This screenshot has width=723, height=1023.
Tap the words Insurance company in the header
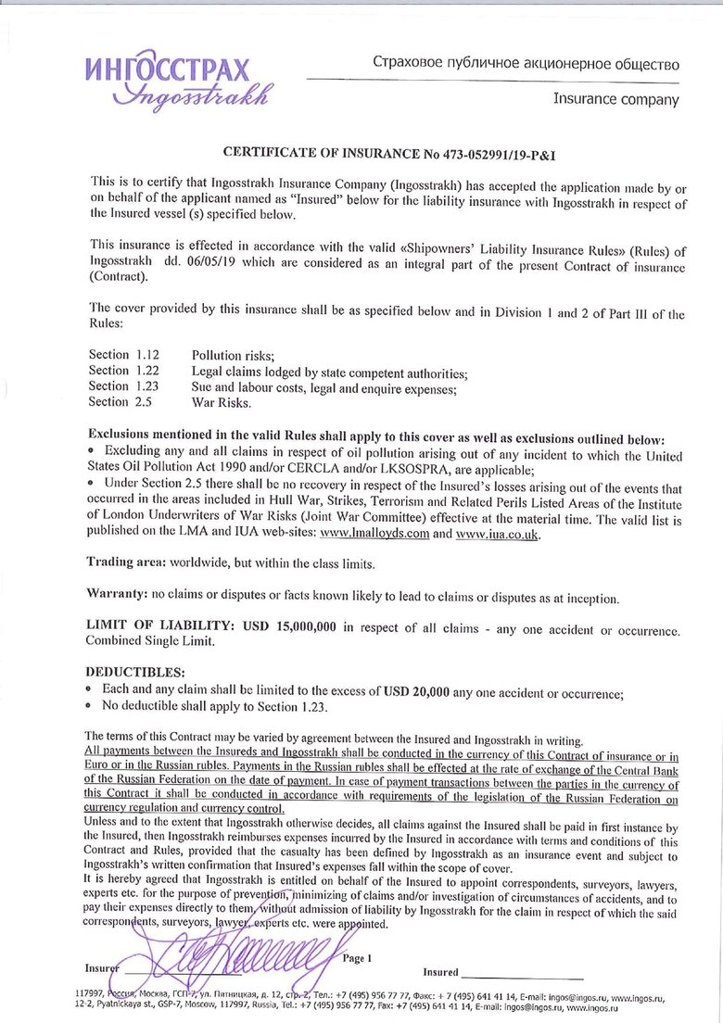click(x=615, y=98)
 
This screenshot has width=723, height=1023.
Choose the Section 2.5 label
click(x=120, y=402)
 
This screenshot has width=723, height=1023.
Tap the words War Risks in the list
click(x=222, y=402)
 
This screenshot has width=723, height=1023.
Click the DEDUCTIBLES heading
click(x=135, y=671)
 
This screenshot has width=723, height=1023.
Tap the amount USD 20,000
click(x=416, y=690)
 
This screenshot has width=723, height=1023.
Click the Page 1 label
click(x=357, y=957)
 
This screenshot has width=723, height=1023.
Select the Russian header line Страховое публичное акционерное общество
click(x=526, y=64)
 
